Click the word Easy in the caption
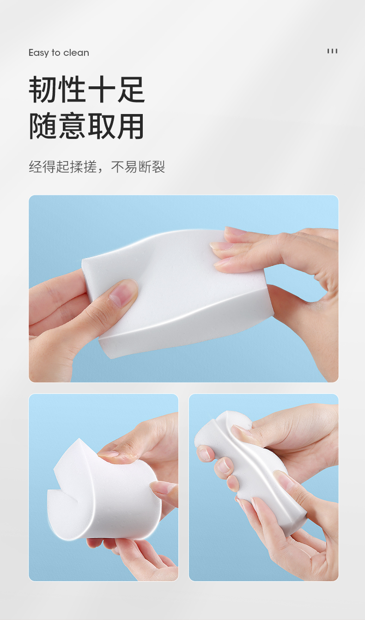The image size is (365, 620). click(39, 53)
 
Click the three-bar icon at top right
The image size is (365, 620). click(332, 51)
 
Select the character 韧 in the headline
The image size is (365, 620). click(43, 90)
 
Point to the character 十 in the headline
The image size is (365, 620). click(102, 90)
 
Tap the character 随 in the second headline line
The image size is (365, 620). click(43, 126)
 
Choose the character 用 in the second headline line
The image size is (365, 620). click(130, 126)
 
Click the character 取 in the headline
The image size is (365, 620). click(102, 126)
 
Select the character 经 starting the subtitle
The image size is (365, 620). click(36, 167)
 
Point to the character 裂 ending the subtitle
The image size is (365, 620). click(158, 167)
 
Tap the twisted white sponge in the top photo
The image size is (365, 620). click(177, 294)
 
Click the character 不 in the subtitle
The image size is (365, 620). click(117, 167)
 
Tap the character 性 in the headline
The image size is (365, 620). click(72, 90)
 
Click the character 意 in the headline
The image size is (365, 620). click(72, 126)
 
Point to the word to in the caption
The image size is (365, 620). click(56, 53)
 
